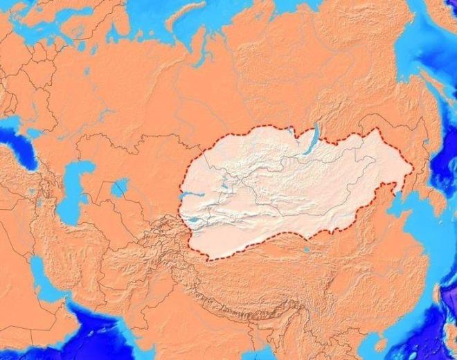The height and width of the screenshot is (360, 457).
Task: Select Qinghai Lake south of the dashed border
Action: point(305,246)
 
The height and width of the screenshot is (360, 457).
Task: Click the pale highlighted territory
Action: point(291,187)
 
